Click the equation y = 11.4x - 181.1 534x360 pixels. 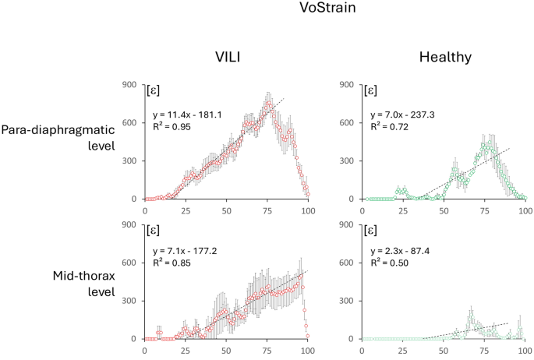(x=189, y=115)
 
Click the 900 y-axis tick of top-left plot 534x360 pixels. (x=131, y=84)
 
